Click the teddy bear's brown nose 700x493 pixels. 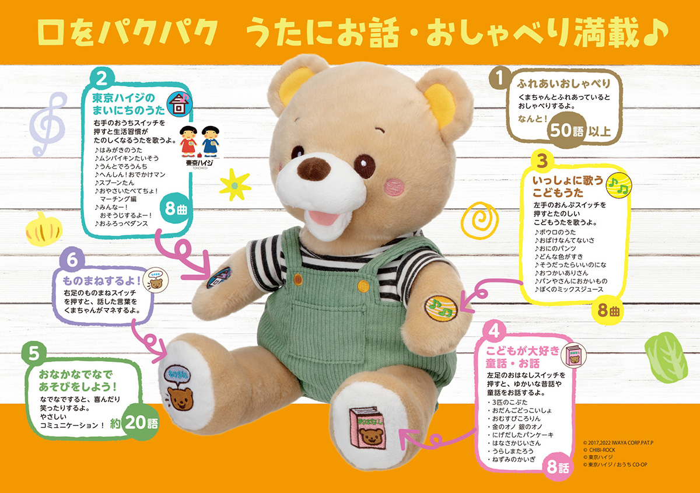314,167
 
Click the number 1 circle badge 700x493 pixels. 498,78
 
